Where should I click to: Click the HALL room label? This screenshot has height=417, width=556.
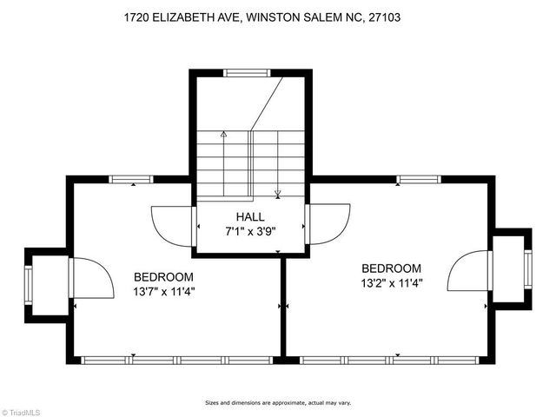tap(250, 216)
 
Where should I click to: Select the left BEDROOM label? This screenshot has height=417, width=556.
tap(163, 277)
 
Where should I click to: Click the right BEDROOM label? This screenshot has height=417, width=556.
tap(391, 268)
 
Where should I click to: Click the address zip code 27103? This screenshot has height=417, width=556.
tap(384, 17)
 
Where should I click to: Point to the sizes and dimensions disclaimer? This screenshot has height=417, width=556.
tap(277, 402)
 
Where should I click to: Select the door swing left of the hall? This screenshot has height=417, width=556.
tap(172, 223)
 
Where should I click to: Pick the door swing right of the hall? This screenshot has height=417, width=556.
tap(328, 223)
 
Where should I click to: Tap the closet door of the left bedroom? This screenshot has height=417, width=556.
tap(91, 278)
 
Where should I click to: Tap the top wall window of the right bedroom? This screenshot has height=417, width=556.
tap(419, 179)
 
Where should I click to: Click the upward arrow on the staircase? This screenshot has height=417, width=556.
tap(223, 136)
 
